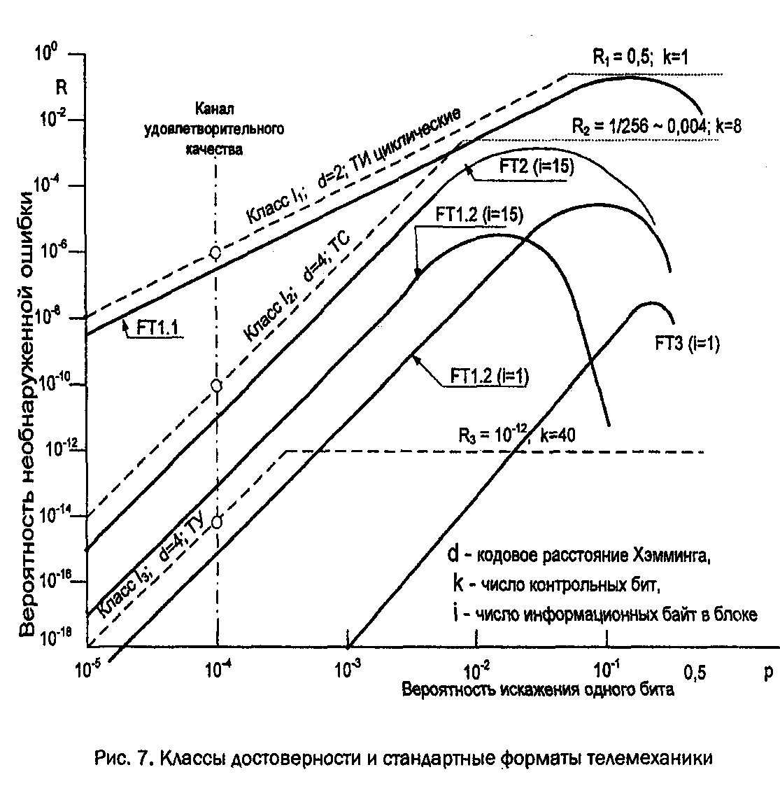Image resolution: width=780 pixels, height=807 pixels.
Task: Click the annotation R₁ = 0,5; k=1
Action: [641, 58]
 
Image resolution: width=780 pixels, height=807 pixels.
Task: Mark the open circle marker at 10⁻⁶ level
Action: [215, 251]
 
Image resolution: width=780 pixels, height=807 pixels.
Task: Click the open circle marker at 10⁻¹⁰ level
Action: [216, 385]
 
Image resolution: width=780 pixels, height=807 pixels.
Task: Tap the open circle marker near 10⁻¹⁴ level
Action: [217, 521]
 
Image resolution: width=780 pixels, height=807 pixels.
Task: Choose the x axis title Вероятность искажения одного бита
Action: [538, 689]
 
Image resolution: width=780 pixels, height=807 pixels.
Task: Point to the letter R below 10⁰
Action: [62, 88]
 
